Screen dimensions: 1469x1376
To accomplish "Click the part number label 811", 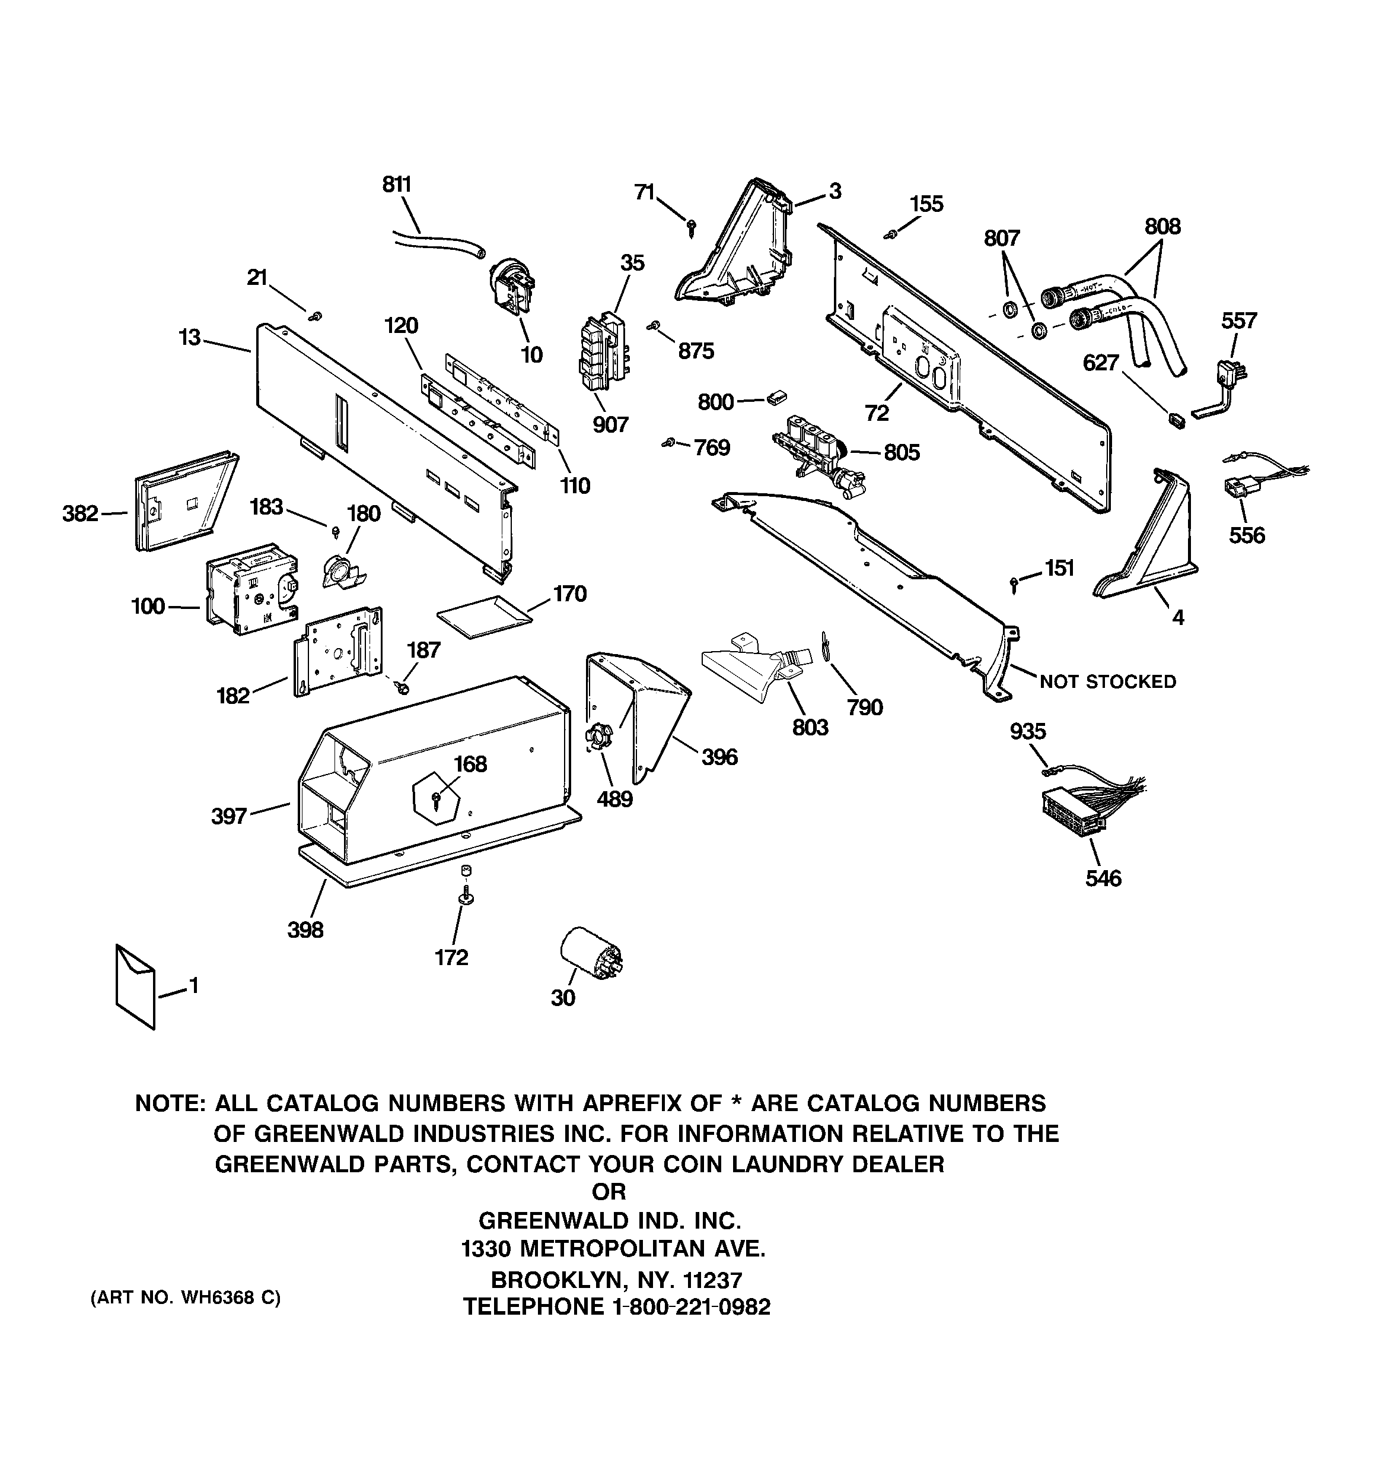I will pyautogui.click(x=397, y=185).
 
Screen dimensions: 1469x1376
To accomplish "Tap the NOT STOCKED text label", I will pyautogui.click(x=1107, y=681).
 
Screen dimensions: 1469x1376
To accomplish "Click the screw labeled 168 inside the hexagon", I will pyautogui.click(x=437, y=797).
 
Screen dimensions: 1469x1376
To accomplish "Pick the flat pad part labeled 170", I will pyautogui.click(x=485, y=615).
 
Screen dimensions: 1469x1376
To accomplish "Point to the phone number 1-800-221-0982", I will pyautogui.click(x=690, y=1307).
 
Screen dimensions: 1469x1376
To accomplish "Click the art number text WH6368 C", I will pyautogui.click(x=230, y=1297).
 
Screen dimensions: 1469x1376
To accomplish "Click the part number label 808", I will pyautogui.click(x=1162, y=226).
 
